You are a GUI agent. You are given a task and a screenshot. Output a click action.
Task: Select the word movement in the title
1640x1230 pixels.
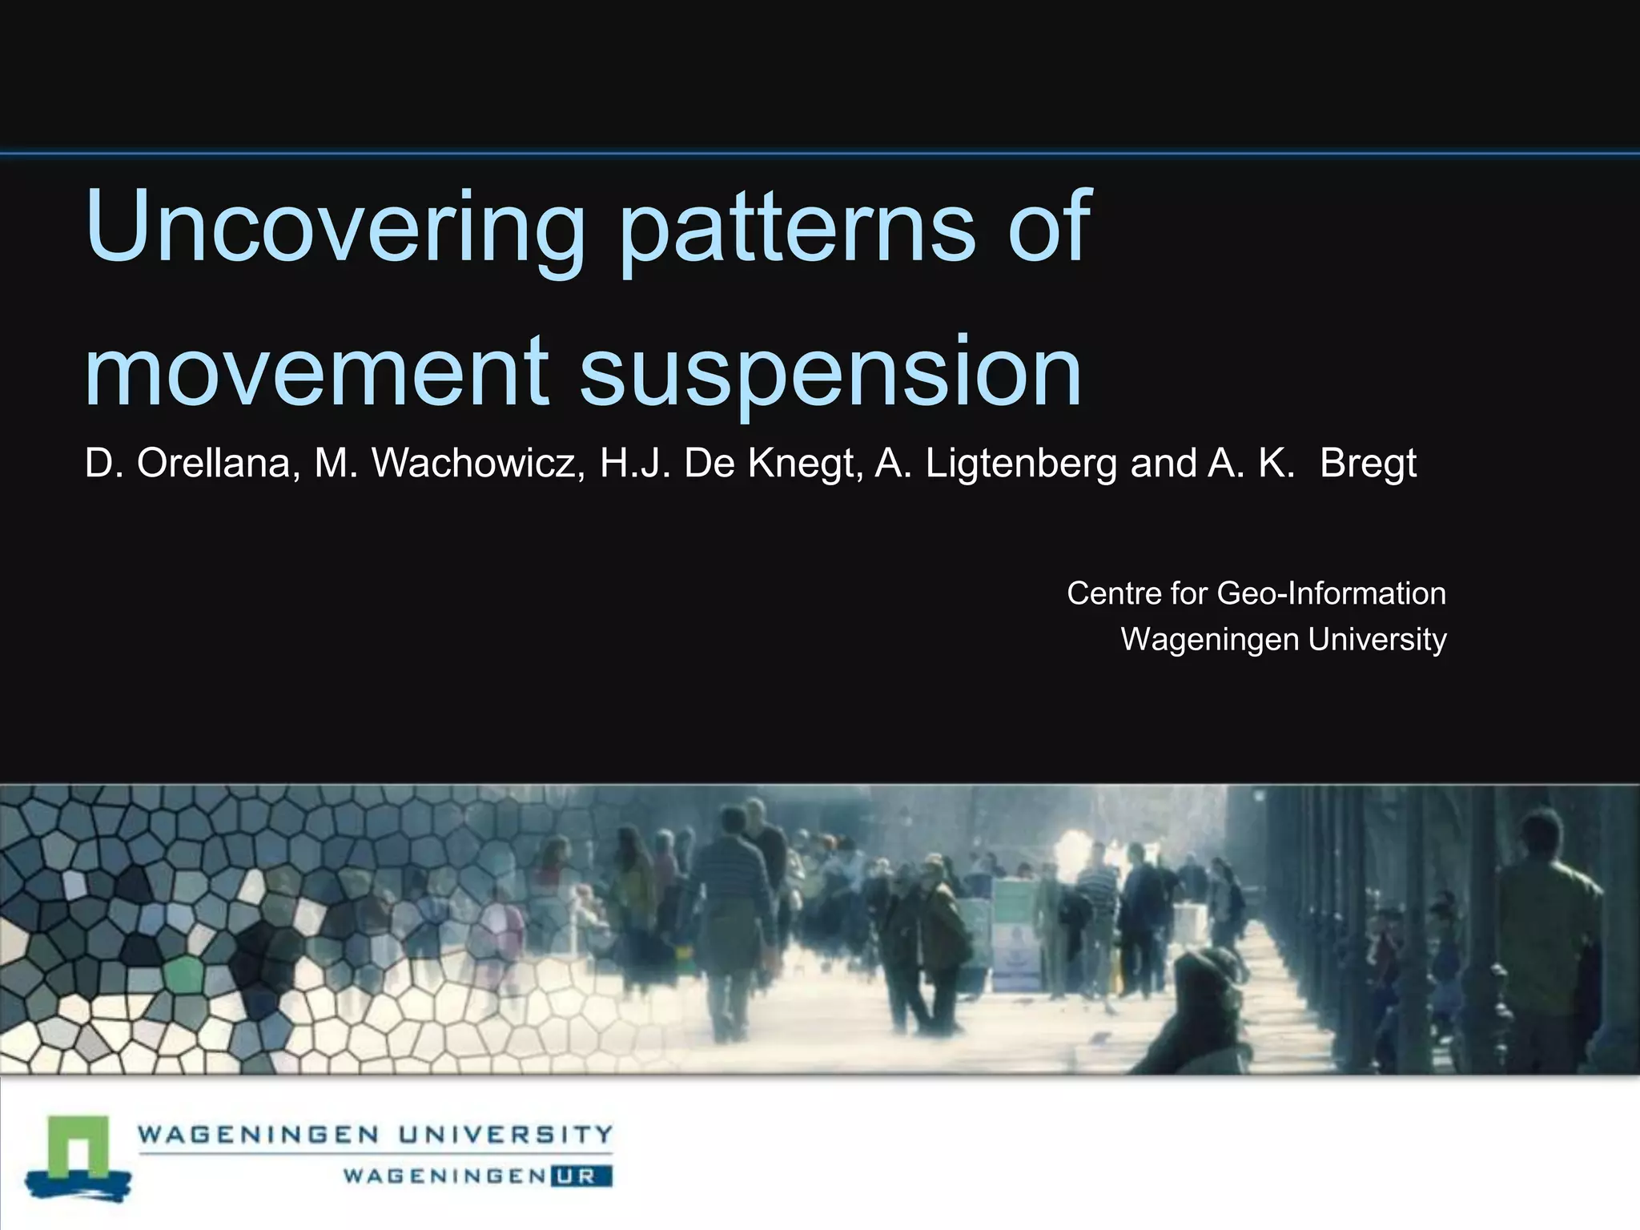click(316, 370)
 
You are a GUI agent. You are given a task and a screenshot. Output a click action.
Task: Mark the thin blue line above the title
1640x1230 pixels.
click(820, 152)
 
